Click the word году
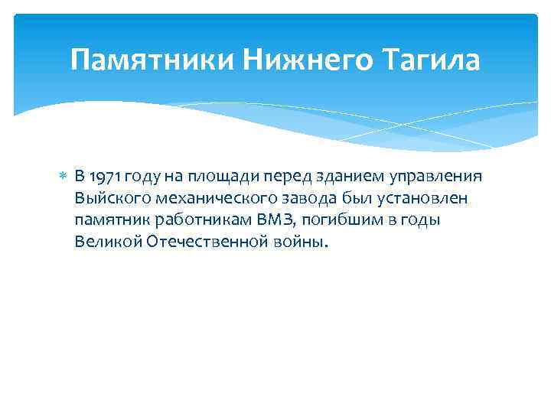(142, 177)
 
